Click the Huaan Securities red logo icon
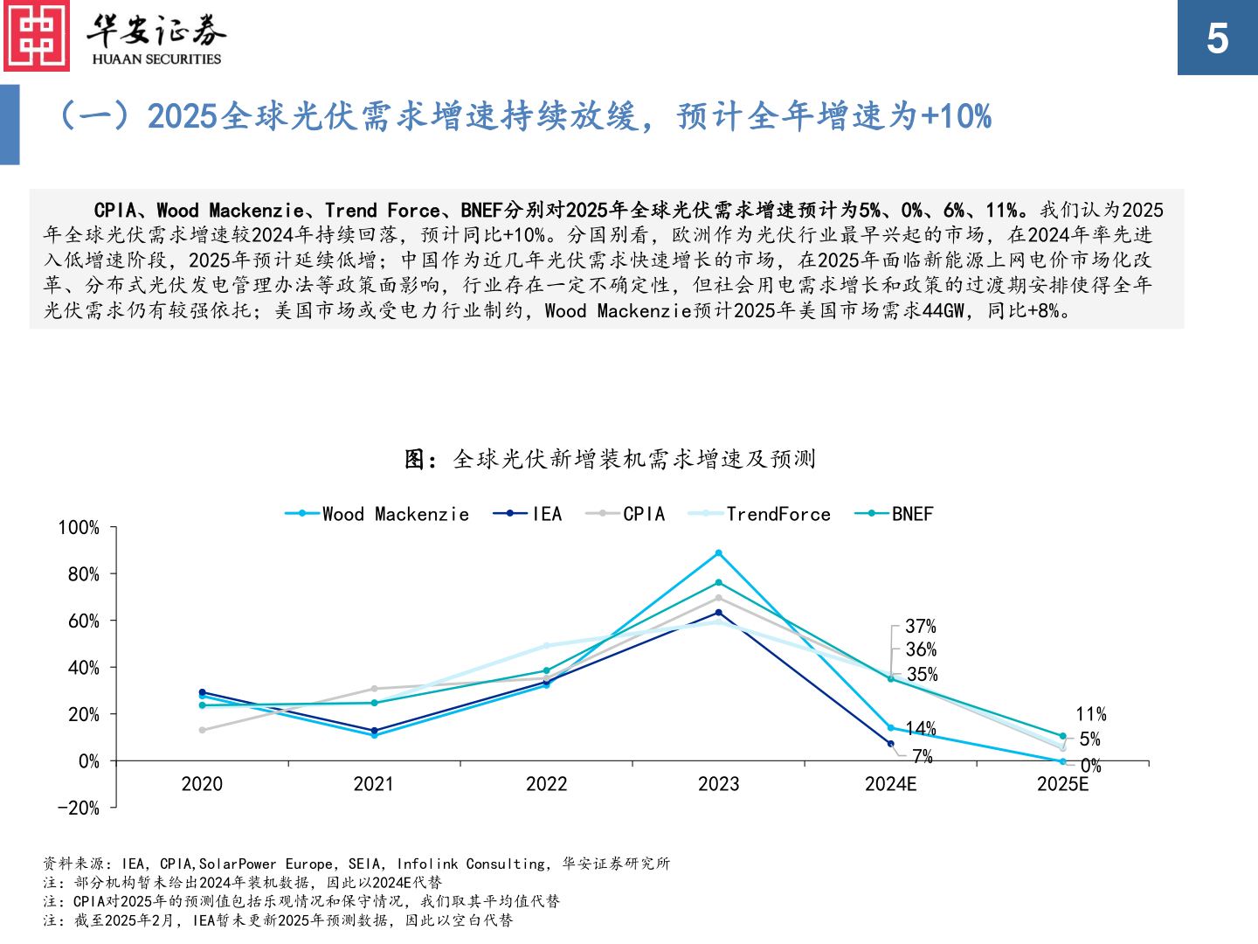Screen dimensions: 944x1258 [x=37, y=36]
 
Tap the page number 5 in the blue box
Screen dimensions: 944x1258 [x=1217, y=38]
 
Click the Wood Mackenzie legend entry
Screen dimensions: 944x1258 [x=377, y=514]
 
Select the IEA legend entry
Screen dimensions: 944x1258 [x=529, y=514]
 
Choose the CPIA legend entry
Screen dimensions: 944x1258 [x=626, y=514]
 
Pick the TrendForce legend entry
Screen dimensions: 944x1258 [x=760, y=514]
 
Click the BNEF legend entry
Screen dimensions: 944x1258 [x=895, y=514]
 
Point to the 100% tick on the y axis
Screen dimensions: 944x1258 [x=79, y=528]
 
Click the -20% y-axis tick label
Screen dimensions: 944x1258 [x=79, y=809]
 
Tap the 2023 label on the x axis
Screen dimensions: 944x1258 [x=718, y=784]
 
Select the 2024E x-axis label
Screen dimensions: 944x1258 [x=890, y=784]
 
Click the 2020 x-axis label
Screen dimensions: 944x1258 [x=202, y=784]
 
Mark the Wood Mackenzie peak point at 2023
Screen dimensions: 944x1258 [x=719, y=553]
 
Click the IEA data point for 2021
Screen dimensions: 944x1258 [x=374, y=731]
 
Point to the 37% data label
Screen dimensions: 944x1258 [x=921, y=627]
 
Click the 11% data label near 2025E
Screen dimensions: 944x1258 [x=1091, y=714]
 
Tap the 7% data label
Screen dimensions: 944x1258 [x=923, y=756]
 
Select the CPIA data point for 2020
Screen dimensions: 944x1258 [x=202, y=730]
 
